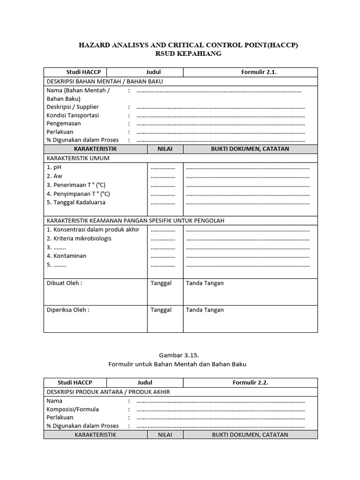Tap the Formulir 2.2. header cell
pyautogui.click(x=250, y=382)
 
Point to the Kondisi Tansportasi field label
pyautogui.click(x=73, y=115)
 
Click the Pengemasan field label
pyautogui.click(x=64, y=124)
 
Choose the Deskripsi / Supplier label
pyautogui.click(x=73, y=107)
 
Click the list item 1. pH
pyautogui.click(x=54, y=167)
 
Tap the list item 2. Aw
pyautogui.click(x=54, y=176)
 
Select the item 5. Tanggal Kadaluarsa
pyautogui.click(x=76, y=202)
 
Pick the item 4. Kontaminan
pyautogui.click(x=67, y=256)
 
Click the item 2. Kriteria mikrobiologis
pyautogui.click(x=79, y=239)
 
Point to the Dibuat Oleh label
pyautogui.click(x=64, y=283)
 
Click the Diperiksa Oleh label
pyautogui.click(x=68, y=310)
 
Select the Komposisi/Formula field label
pyautogui.click(x=73, y=409)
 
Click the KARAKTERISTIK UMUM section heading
pyautogui.click(x=78, y=158)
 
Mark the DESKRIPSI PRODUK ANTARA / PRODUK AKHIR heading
pyautogui.click(x=108, y=392)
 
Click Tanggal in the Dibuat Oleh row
pyautogui.click(x=161, y=283)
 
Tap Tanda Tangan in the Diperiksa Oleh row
pyautogui.click(x=205, y=310)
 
